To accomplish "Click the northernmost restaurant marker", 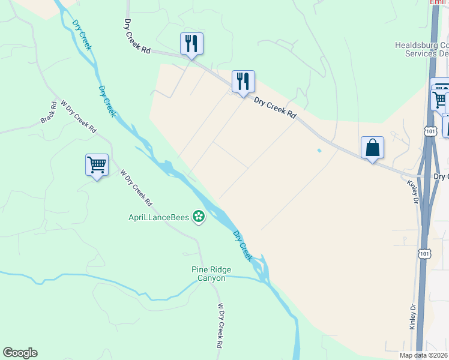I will pyautogui.click(x=191, y=44).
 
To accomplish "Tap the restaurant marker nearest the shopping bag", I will pyautogui.click(x=243, y=82).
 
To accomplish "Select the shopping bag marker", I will pyautogui.click(x=372, y=148).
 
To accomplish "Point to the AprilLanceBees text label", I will pyautogui.click(x=158, y=216).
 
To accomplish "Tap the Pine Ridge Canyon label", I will pyautogui.click(x=211, y=274).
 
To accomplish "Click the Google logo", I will pyautogui.click(x=20, y=353).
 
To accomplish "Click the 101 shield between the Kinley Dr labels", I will pyautogui.click(x=424, y=254).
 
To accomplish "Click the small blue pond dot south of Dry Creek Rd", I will pyautogui.click(x=319, y=150).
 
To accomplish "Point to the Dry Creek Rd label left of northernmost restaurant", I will pyautogui.click(x=137, y=37).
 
